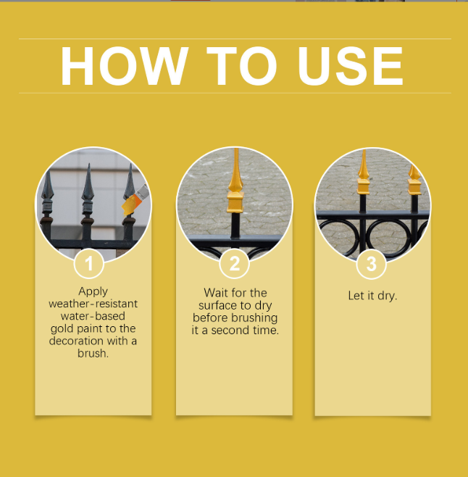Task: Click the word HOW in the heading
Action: (125, 66)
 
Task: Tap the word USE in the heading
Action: (351, 66)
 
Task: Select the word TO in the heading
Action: (242, 66)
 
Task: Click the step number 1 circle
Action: (89, 263)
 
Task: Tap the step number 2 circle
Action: (235, 264)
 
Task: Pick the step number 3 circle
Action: (372, 264)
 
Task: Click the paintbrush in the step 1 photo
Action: (135, 200)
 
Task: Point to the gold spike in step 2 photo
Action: (235, 181)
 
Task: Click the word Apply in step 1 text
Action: (93, 292)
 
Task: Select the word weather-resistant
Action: (93, 304)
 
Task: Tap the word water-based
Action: (93, 316)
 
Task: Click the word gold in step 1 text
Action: (62, 329)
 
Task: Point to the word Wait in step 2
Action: (216, 293)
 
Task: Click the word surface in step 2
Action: (217, 305)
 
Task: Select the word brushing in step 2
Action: (254, 318)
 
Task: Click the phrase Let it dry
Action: (372, 296)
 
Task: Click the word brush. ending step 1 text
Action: (93, 353)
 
